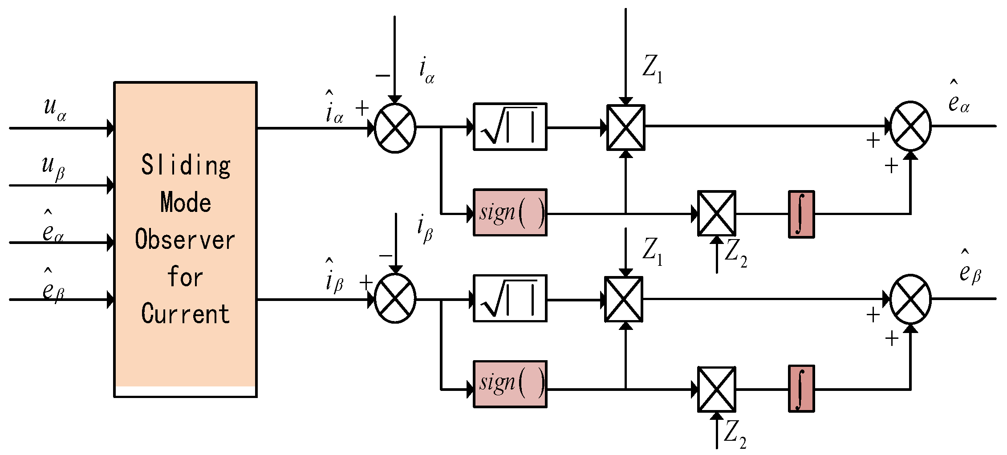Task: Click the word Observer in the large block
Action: pyautogui.click(x=185, y=240)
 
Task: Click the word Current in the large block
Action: pyautogui.click(x=185, y=313)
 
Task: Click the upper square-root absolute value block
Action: pyautogui.click(x=510, y=127)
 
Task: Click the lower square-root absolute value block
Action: pyautogui.click(x=510, y=298)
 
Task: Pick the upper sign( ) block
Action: pyautogui.click(x=510, y=212)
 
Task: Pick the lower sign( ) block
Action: pyautogui.click(x=510, y=384)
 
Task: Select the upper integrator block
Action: pyautogui.click(x=801, y=214)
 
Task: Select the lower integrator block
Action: pyautogui.click(x=801, y=389)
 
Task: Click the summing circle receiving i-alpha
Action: pyautogui.click(x=395, y=128)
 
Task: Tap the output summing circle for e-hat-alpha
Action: pyautogui.click(x=910, y=126)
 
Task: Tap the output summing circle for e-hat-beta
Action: pyautogui.click(x=910, y=299)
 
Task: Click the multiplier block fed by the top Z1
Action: pyautogui.click(x=625, y=127)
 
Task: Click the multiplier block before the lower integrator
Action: pyautogui.click(x=716, y=390)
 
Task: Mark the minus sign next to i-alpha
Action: pyautogui.click(x=382, y=76)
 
